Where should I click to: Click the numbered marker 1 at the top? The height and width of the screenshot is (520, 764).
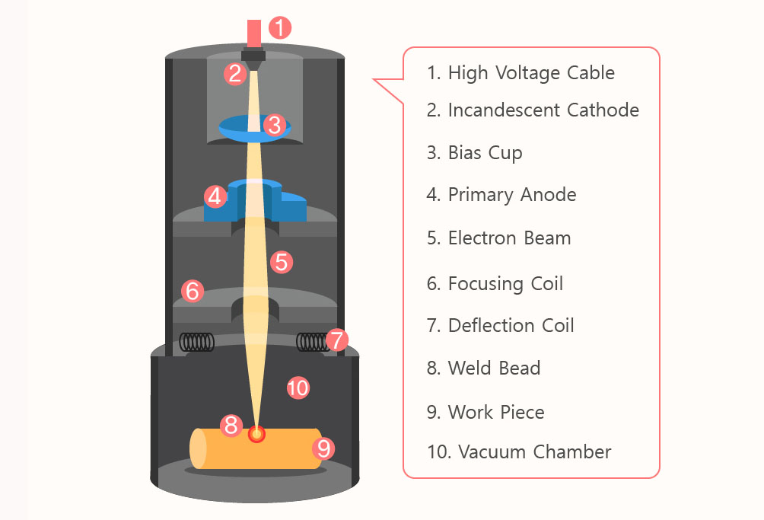(280, 28)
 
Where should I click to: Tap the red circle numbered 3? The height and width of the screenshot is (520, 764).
(275, 124)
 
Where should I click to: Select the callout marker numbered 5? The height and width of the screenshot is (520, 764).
(282, 263)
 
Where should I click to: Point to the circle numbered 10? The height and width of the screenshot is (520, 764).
(298, 388)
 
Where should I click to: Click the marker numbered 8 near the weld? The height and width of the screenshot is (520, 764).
(231, 426)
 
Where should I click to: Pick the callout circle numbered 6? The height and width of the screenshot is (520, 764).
(193, 290)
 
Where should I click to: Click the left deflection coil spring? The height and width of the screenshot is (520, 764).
(196, 342)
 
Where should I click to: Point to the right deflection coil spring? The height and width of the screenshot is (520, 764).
(311, 342)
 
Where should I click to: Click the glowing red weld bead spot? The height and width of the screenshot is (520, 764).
(257, 434)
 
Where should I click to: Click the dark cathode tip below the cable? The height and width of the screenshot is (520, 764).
(253, 58)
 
